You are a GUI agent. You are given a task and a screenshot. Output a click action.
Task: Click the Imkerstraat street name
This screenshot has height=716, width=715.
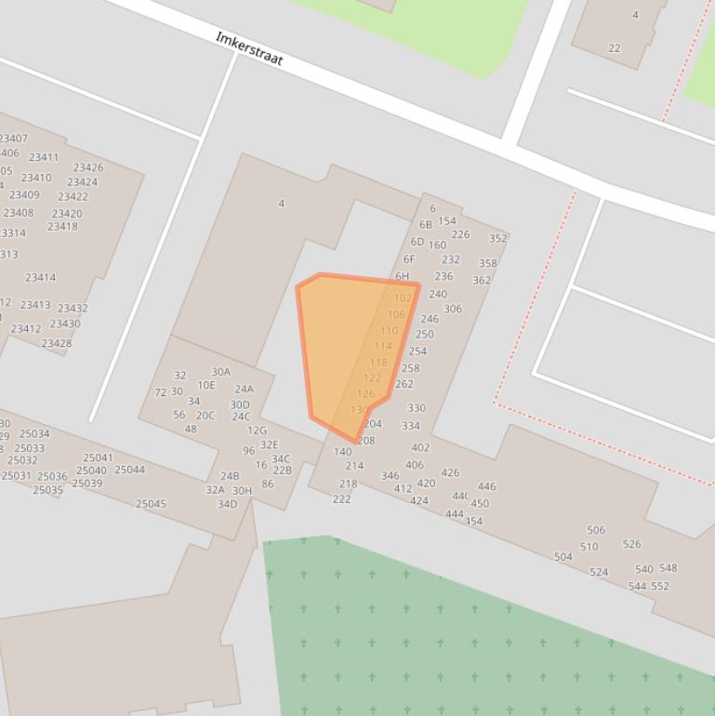248,49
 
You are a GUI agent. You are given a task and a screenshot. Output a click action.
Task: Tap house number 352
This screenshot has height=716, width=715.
498,238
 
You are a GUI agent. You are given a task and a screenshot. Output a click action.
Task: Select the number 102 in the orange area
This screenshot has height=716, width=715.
403,298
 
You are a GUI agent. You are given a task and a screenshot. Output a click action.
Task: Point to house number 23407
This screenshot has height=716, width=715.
13,139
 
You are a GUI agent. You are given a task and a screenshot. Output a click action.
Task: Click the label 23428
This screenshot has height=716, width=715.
56,343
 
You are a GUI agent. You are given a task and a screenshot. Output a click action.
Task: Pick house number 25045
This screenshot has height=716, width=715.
151,504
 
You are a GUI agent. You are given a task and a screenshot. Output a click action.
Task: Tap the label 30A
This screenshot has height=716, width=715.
220,372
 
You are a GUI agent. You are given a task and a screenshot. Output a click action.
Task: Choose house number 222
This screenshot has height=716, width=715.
342,499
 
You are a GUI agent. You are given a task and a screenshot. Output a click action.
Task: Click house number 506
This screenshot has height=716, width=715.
596,530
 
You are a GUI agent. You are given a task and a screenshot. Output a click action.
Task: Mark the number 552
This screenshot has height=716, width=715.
660,586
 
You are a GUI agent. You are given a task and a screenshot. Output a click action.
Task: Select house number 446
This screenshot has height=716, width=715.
486,486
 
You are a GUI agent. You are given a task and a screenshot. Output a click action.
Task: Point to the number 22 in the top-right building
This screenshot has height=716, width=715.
615,48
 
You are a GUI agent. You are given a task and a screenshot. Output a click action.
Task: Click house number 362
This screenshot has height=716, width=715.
482,280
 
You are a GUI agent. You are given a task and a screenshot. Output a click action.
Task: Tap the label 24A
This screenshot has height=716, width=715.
244,390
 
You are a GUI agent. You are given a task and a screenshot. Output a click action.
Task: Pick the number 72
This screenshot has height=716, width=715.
160,392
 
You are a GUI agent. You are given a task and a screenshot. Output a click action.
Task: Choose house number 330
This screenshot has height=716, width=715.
417,407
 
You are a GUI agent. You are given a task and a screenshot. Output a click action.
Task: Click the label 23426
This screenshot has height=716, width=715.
88,167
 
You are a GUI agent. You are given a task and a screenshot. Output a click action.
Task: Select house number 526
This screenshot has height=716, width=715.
632,544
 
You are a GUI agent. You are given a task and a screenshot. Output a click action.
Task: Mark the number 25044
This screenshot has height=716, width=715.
130,470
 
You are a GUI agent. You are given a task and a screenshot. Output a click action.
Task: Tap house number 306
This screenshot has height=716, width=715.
453,309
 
